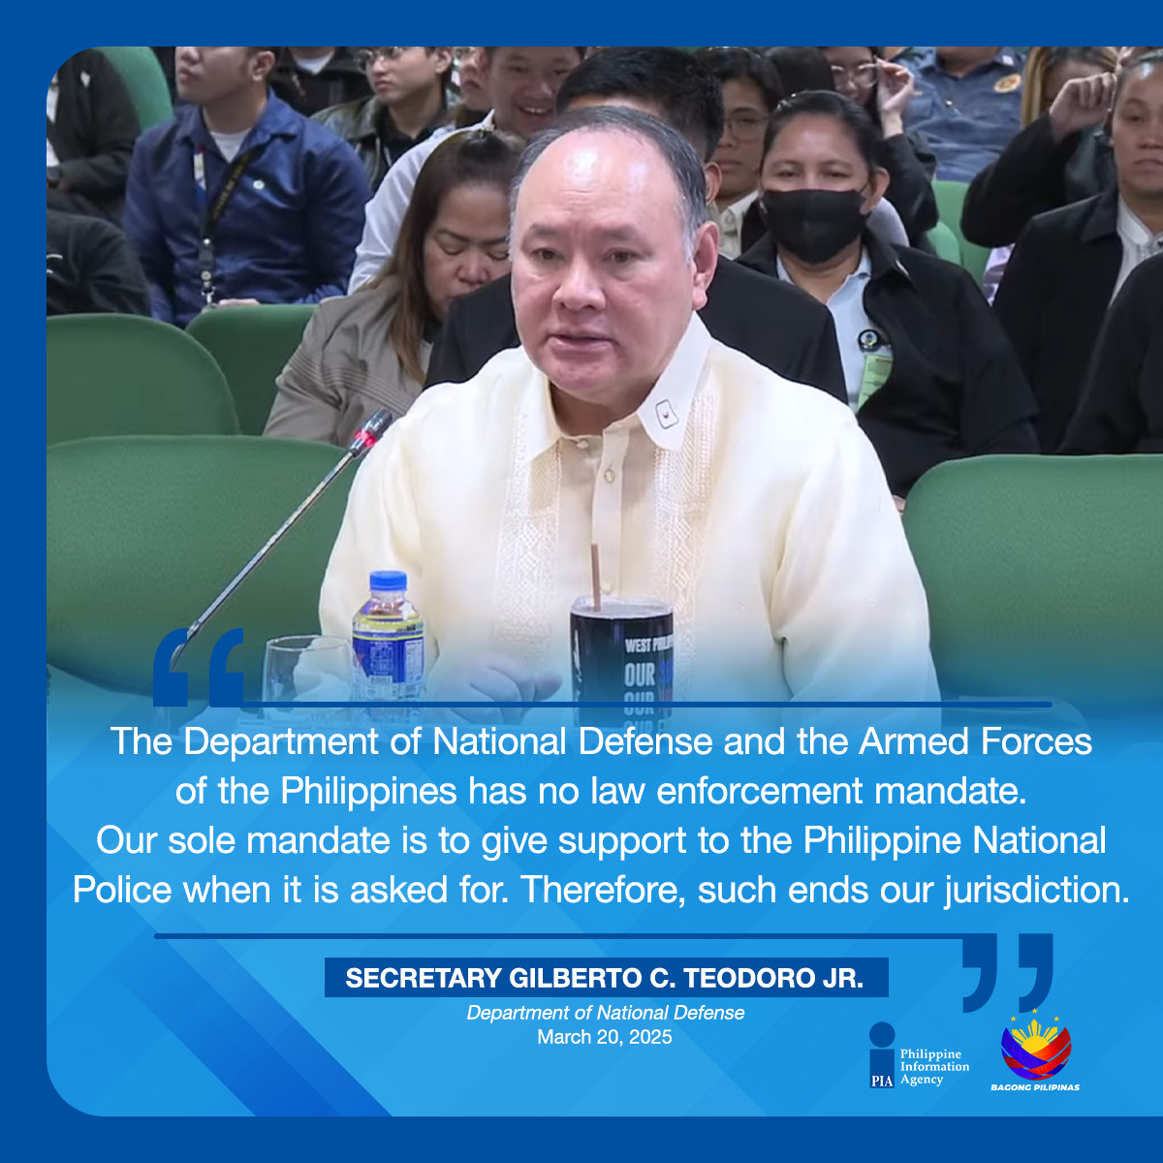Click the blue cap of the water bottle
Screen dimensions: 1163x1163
pyautogui.click(x=388, y=580)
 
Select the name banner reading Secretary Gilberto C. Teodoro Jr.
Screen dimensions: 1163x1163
pyautogui.click(x=606, y=977)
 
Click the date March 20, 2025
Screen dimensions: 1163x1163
pyautogui.click(x=604, y=1037)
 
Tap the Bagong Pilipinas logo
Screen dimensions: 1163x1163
pyautogui.click(x=1035, y=1052)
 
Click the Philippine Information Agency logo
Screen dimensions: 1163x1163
pyautogui.click(x=919, y=1055)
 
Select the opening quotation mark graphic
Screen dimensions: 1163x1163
pyautogui.click(x=199, y=667)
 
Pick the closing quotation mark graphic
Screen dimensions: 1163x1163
pyautogui.click(x=1007, y=972)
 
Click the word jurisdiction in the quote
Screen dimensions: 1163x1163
pyautogui.click(x=1037, y=891)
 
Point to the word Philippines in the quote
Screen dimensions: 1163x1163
pyautogui.click(x=368, y=792)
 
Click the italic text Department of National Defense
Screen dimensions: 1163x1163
pyautogui.click(x=606, y=1012)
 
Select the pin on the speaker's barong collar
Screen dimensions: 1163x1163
pyautogui.click(x=666, y=414)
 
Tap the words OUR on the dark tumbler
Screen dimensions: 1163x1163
pyautogui.click(x=639, y=676)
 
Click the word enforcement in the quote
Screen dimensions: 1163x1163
pyautogui.click(x=760, y=791)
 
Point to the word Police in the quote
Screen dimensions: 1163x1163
pyautogui.click(x=122, y=890)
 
